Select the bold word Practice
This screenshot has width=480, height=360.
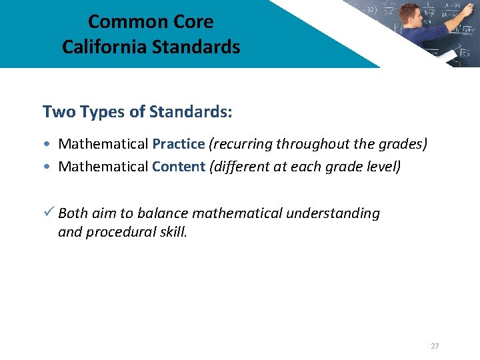coord(178,144)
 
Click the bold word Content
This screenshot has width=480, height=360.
coord(178,166)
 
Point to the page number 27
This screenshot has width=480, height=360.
coord(435,346)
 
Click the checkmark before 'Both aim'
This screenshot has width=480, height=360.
coord(48,213)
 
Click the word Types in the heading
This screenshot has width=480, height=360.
coord(102,111)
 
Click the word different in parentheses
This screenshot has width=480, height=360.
coord(241,166)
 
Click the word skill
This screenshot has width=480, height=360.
coord(172,232)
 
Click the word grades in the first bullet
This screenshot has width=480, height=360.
coord(402,144)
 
